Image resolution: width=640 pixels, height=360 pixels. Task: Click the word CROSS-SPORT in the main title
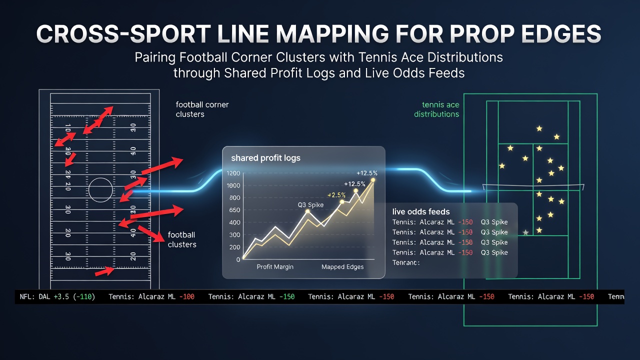123,34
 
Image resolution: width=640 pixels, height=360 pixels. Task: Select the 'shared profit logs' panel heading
265,158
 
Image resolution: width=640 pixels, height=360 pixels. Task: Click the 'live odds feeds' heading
421,211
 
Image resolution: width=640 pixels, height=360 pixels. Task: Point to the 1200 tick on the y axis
233,173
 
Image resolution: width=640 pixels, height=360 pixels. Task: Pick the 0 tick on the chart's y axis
238,259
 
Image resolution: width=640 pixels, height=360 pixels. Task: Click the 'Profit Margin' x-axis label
275,267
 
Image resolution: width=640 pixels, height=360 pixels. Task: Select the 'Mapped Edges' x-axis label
342,267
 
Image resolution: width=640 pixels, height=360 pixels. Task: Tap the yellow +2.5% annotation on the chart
336,195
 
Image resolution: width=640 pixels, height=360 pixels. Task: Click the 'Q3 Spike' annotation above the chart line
310,205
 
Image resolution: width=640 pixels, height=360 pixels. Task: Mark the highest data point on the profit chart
373,180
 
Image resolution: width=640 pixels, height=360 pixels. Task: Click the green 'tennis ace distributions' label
436,109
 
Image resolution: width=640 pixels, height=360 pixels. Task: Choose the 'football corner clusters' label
202,109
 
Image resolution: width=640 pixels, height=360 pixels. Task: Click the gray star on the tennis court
525,232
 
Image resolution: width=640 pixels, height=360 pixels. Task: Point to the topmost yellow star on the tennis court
539,128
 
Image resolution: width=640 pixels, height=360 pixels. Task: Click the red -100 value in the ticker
187,296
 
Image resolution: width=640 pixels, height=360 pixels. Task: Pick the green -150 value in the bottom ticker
287,296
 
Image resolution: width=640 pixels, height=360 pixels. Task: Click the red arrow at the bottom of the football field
104,271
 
